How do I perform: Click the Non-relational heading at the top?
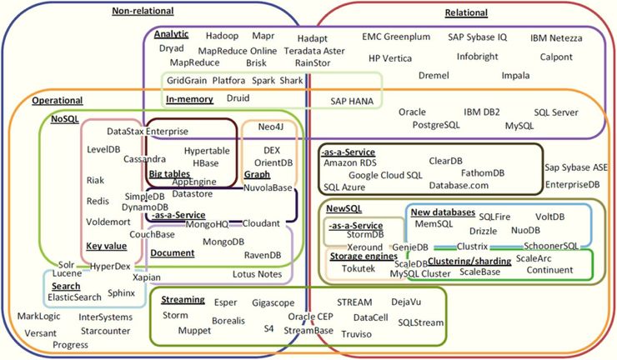pos(143,11)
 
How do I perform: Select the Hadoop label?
pos(222,36)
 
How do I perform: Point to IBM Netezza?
pos(559,38)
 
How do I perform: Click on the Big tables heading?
pos(169,172)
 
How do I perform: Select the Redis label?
pos(98,201)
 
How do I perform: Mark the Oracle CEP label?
pos(310,317)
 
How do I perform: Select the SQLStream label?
pos(420,322)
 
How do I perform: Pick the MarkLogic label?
pos(39,317)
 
